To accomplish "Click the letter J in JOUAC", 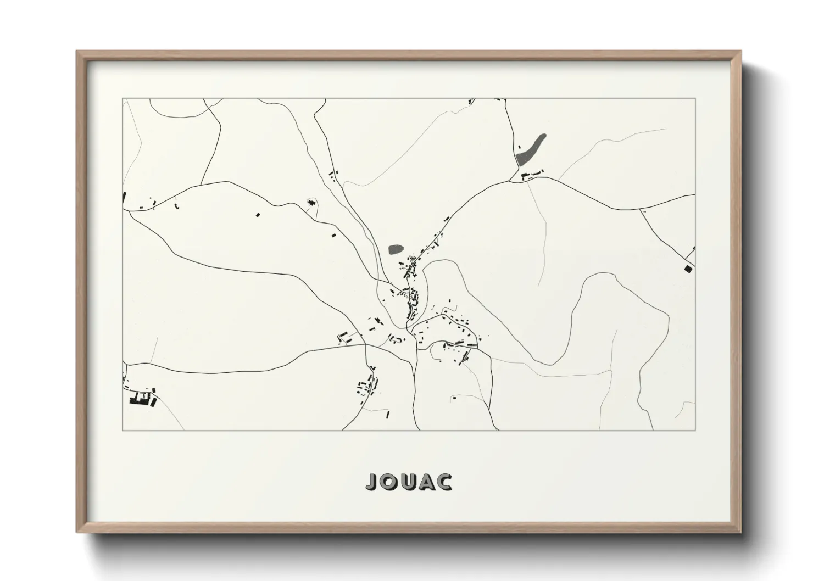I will (371, 482).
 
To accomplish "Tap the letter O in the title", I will (388, 482).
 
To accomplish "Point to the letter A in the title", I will (426, 482).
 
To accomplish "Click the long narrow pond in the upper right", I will (531, 148).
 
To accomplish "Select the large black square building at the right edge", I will (688, 269).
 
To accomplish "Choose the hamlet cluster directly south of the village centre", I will (367, 386).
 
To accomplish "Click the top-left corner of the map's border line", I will (123, 99).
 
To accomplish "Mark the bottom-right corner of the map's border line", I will (695, 430).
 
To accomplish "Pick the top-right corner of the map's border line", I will (695, 99).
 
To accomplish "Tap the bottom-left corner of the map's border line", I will (123, 430).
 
